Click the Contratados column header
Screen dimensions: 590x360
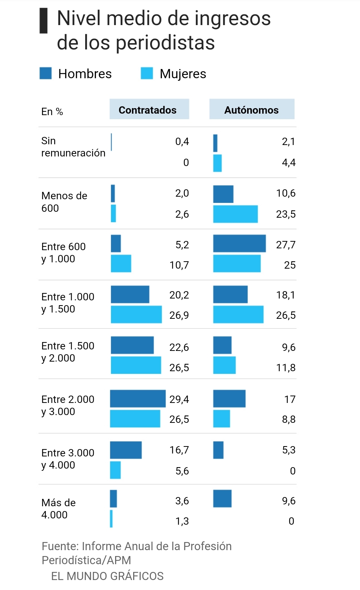[148, 110]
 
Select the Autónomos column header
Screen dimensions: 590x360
[252, 110]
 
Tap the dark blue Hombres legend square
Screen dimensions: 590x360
[46, 73]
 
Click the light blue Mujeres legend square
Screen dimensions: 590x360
[147, 73]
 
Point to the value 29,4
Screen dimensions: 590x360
[179, 400]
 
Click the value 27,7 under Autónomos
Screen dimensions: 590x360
[285, 245]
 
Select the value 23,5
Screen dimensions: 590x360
[285, 214]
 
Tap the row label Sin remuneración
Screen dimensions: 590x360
[73, 147]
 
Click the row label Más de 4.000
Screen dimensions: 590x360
[59, 509]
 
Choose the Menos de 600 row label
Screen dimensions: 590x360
[64, 202]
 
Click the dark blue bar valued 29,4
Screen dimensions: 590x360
[138, 399]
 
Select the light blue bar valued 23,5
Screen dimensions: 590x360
[235, 214]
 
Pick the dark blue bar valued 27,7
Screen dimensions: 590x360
[239, 244]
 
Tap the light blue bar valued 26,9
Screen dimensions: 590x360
[136, 314]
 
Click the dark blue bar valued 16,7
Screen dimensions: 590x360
[126, 450]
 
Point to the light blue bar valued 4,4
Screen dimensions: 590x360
[217, 163]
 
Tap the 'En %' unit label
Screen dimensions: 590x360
[52, 112]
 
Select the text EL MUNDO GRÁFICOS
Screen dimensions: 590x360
[107, 576]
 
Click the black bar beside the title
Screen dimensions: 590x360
[44, 21]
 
